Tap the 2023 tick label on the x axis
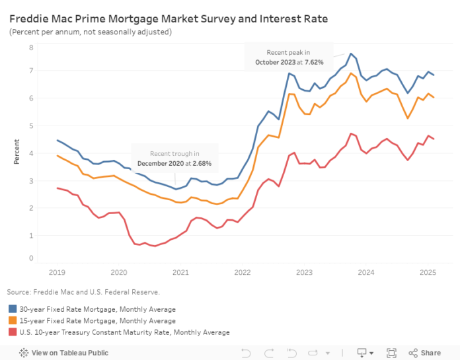[x=304, y=271]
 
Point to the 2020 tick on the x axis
[x=119, y=271]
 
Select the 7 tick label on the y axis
[x=31, y=71]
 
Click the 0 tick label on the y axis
[x=31, y=258]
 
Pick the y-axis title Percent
[x=16, y=153]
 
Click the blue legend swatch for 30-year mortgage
[x=13, y=308]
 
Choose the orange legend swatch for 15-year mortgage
[x=13, y=320]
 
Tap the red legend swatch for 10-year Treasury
[x=13, y=332]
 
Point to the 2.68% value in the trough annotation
[x=200, y=163]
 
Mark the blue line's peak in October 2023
[x=351, y=54]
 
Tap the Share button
[x=424, y=353]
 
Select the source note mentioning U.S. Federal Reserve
[x=85, y=291]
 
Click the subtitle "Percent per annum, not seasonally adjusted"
[x=91, y=32]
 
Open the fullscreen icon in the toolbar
[x=391, y=353]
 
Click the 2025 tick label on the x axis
[x=427, y=271]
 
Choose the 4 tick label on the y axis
[x=31, y=153]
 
